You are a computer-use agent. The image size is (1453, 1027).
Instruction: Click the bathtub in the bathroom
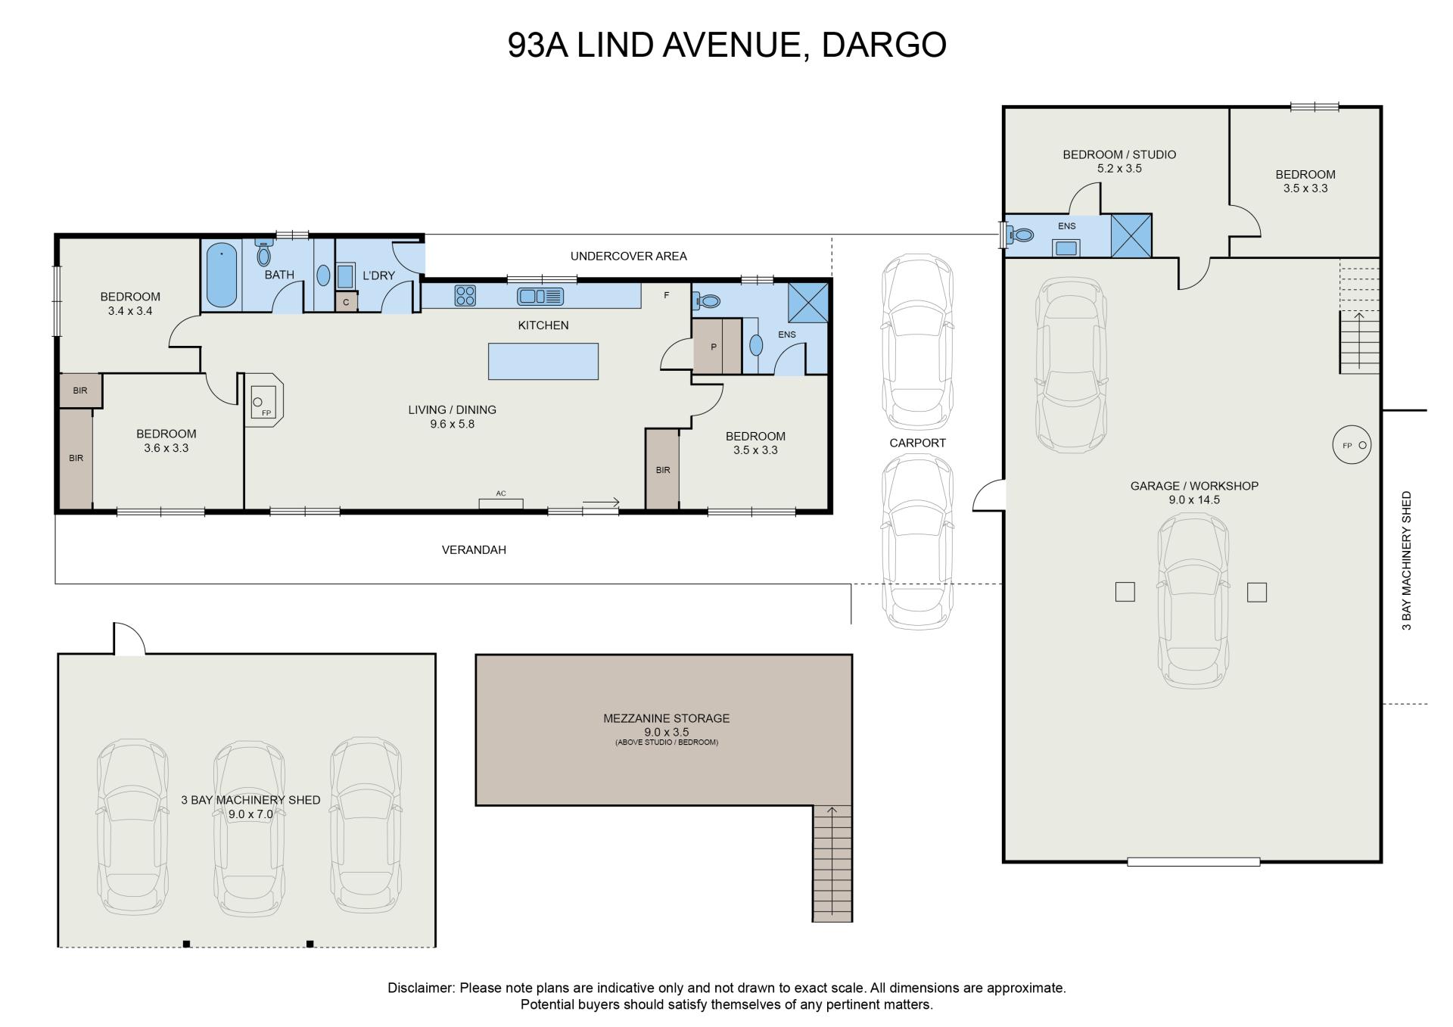point(222,275)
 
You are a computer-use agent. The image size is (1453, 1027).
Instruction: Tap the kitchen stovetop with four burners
point(465,295)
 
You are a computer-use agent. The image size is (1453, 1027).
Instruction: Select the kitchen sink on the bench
point(540,296)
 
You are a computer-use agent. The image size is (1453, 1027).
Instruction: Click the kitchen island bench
point(543,361)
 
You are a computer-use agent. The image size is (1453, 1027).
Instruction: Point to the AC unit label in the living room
point(501,493)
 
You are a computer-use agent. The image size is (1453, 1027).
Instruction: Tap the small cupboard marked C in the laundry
point(346,302)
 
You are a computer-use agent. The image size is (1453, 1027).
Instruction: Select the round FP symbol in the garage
point(1352,445)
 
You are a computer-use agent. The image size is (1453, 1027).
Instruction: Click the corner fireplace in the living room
point(264,400)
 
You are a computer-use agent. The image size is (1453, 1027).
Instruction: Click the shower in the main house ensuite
point(808,303)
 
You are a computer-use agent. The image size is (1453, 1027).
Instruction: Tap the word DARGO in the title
point(884,45)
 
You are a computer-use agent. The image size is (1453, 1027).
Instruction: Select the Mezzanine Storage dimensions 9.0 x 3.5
point(667,732)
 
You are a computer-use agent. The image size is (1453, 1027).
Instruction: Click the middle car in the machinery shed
point(249,827)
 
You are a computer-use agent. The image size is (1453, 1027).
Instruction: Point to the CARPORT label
point(917,443)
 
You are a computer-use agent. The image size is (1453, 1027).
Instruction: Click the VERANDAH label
point(474,550)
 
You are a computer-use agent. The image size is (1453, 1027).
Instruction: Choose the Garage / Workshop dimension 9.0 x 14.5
point(1194,499)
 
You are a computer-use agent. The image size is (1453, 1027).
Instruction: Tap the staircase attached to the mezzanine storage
point(832,864)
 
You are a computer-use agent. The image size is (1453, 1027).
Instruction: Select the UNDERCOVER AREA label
point(629,256)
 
